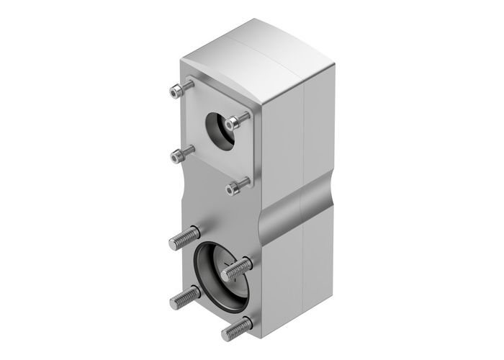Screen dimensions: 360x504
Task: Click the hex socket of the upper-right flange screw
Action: coord(231,125)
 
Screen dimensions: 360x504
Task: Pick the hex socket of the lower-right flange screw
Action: coord(232,189)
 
